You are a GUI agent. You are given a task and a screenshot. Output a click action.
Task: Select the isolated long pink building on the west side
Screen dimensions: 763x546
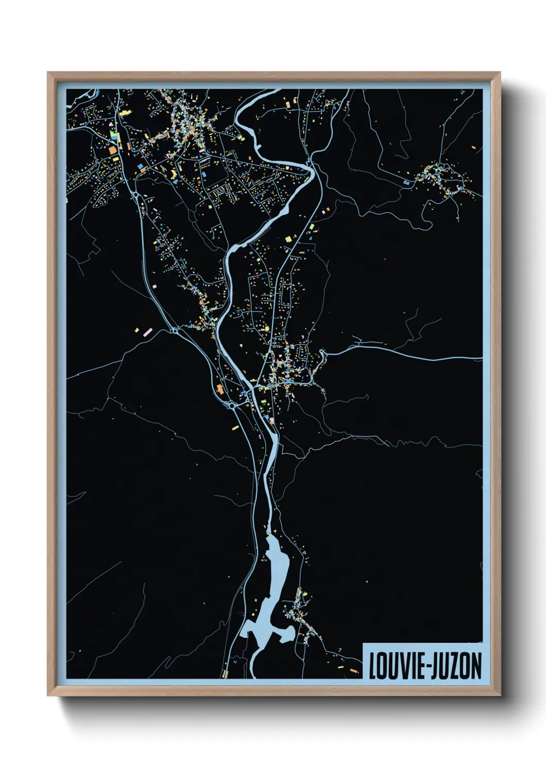coord(148,331)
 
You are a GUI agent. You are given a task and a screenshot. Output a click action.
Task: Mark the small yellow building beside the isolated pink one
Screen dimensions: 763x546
coord(137,330)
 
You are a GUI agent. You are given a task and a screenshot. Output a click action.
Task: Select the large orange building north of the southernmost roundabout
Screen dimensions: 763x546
coord(220,389)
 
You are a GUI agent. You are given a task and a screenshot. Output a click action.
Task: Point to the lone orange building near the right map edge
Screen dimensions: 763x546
coord(474,147)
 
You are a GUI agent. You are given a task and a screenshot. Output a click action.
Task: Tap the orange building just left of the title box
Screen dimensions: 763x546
coord(354,671)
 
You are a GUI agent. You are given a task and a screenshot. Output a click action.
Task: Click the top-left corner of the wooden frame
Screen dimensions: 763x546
coord(48,73)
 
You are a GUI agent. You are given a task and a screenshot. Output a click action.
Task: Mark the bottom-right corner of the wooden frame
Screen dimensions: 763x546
coord(500,695)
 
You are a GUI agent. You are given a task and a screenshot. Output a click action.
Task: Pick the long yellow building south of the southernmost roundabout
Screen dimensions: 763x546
coord(235,427)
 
